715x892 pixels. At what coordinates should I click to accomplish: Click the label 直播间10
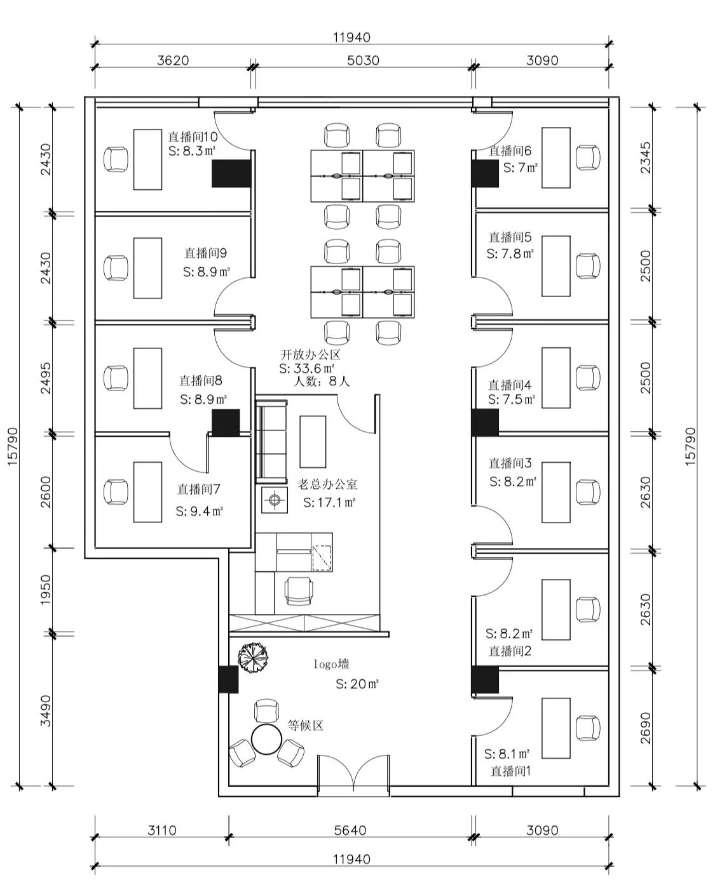(x=193, y=136)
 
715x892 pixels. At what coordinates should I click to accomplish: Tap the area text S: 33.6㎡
(x=307, y=368)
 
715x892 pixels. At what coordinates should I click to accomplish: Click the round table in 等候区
(x=266, y=738)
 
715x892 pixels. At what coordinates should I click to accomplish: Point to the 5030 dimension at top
(x=364, y=60)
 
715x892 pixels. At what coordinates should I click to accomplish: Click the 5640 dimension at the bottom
(x=350, y=830)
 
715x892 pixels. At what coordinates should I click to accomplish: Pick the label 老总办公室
(x=327, y=484)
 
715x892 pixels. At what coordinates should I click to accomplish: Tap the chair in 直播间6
(x=588, y=157)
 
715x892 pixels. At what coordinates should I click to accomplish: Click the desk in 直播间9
(x=147, y=268)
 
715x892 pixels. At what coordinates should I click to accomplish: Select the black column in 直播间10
(x=231, y=173)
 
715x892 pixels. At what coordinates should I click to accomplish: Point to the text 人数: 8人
(x=322, y=382)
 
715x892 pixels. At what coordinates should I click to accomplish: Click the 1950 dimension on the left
(x=46, y=590)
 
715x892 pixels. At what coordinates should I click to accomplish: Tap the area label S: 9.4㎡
(x=199, y=511)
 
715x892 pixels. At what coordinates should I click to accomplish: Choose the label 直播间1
(x=510, y=771)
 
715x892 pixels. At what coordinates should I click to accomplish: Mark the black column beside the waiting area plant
(x=228, y=679)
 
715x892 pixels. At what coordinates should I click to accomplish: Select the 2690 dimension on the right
(x=646, y=728)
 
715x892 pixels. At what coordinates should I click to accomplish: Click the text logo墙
(x=331, y=665)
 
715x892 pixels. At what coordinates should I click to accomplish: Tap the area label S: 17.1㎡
(x=329, y=503)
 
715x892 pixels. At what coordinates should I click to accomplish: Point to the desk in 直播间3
(x=555, y=492)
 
